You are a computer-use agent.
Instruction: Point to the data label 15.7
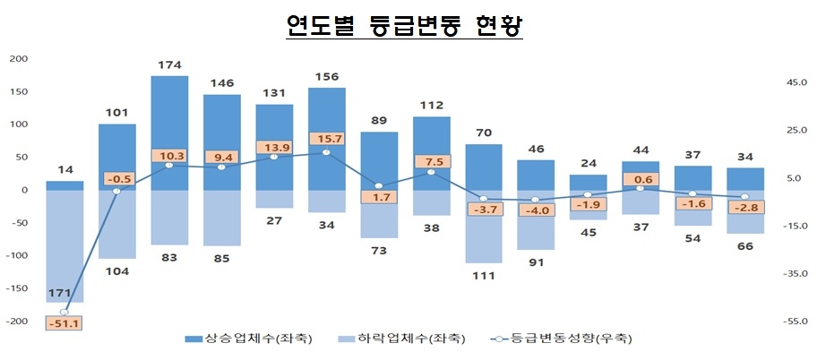[x=326, y=138]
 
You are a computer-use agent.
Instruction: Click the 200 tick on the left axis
[x=18, y=59]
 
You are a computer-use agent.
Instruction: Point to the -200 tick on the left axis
[x=16, y=321]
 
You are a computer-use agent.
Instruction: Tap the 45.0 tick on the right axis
[x=796, y=82]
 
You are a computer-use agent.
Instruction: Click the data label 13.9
[x=274, y=147]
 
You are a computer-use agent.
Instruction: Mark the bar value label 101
[x=117, y=113]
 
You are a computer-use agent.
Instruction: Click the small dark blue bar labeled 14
[x=65, y=185]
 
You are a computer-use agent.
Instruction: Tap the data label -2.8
[x=745, y=208]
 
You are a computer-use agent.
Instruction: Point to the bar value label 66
[x=745, y=246]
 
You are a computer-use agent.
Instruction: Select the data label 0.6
[x=641, y=178]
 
